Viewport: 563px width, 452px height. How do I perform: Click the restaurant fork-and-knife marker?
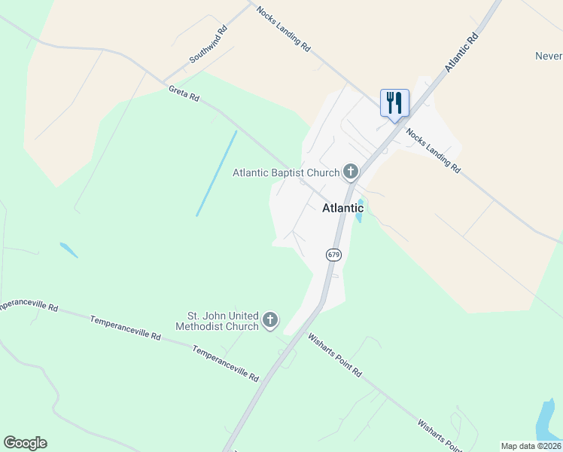[394, 102]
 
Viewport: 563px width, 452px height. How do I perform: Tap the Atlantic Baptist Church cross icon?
[350, 173]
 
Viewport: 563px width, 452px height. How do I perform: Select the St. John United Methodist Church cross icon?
[270, 321]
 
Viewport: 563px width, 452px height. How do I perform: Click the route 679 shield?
[334, 255]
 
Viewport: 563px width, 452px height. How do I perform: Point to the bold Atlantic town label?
[342, 208]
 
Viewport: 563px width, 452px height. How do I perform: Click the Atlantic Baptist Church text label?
[286, 173]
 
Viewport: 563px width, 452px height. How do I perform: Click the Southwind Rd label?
[208, 45]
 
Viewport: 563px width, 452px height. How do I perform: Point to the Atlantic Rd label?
[461, 52]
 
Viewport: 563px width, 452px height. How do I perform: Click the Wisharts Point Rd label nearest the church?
[335, 356]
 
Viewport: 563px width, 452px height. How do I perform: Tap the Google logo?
[25, 443]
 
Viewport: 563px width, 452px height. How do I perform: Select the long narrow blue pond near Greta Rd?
[217, 173]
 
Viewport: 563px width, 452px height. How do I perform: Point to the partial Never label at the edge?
[549, 56]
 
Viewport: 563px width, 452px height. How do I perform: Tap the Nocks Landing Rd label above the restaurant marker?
[283, 29]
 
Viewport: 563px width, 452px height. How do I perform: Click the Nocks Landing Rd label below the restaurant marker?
[433, 151]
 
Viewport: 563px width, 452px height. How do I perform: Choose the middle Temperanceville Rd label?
[125, 327]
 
